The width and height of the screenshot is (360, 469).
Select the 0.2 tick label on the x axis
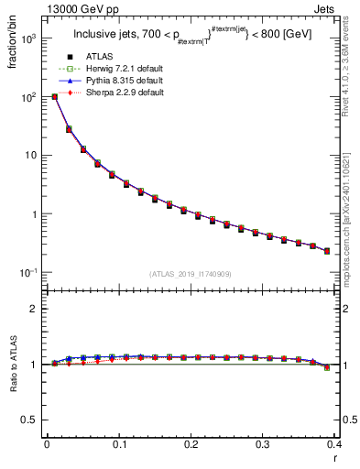coord(191,444)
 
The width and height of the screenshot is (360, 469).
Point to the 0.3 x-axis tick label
coord(264,444)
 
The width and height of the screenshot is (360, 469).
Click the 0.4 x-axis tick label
coord(335,444)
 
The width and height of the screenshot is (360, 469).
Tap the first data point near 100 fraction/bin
coord(54,96)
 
